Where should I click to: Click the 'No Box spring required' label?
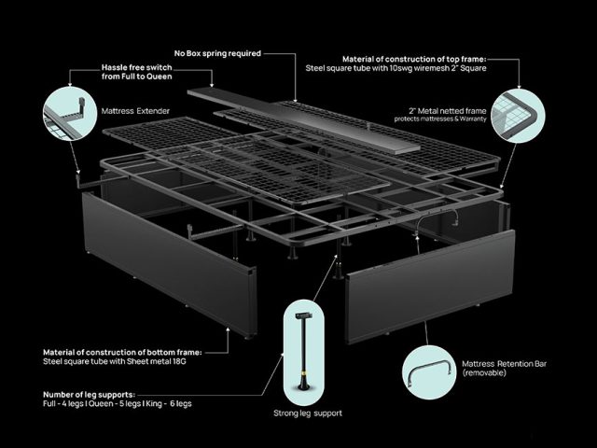(217, 53)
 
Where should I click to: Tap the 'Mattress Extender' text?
(135, 111)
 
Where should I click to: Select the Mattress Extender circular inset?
(70, 114)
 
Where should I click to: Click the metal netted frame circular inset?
(518, 116)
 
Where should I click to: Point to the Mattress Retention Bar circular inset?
(429, 372)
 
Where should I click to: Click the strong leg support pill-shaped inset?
(304, 353)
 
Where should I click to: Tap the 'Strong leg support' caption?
(308, 413)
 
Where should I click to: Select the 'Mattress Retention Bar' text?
(504, 364)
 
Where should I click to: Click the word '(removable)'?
(484, 373)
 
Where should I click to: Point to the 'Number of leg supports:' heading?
(90, 394)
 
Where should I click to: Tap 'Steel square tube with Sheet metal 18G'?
(115, 361)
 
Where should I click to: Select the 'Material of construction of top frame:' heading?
(414, 59)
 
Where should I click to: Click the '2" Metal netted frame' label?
(448, 111)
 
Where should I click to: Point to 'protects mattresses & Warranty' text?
(440, 119)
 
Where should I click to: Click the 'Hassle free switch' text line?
(137, 67)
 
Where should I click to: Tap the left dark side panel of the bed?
(170, 264)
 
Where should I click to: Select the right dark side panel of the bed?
(430, 287)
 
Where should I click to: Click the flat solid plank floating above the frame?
(303, 121)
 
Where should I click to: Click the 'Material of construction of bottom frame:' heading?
(122, 352)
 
